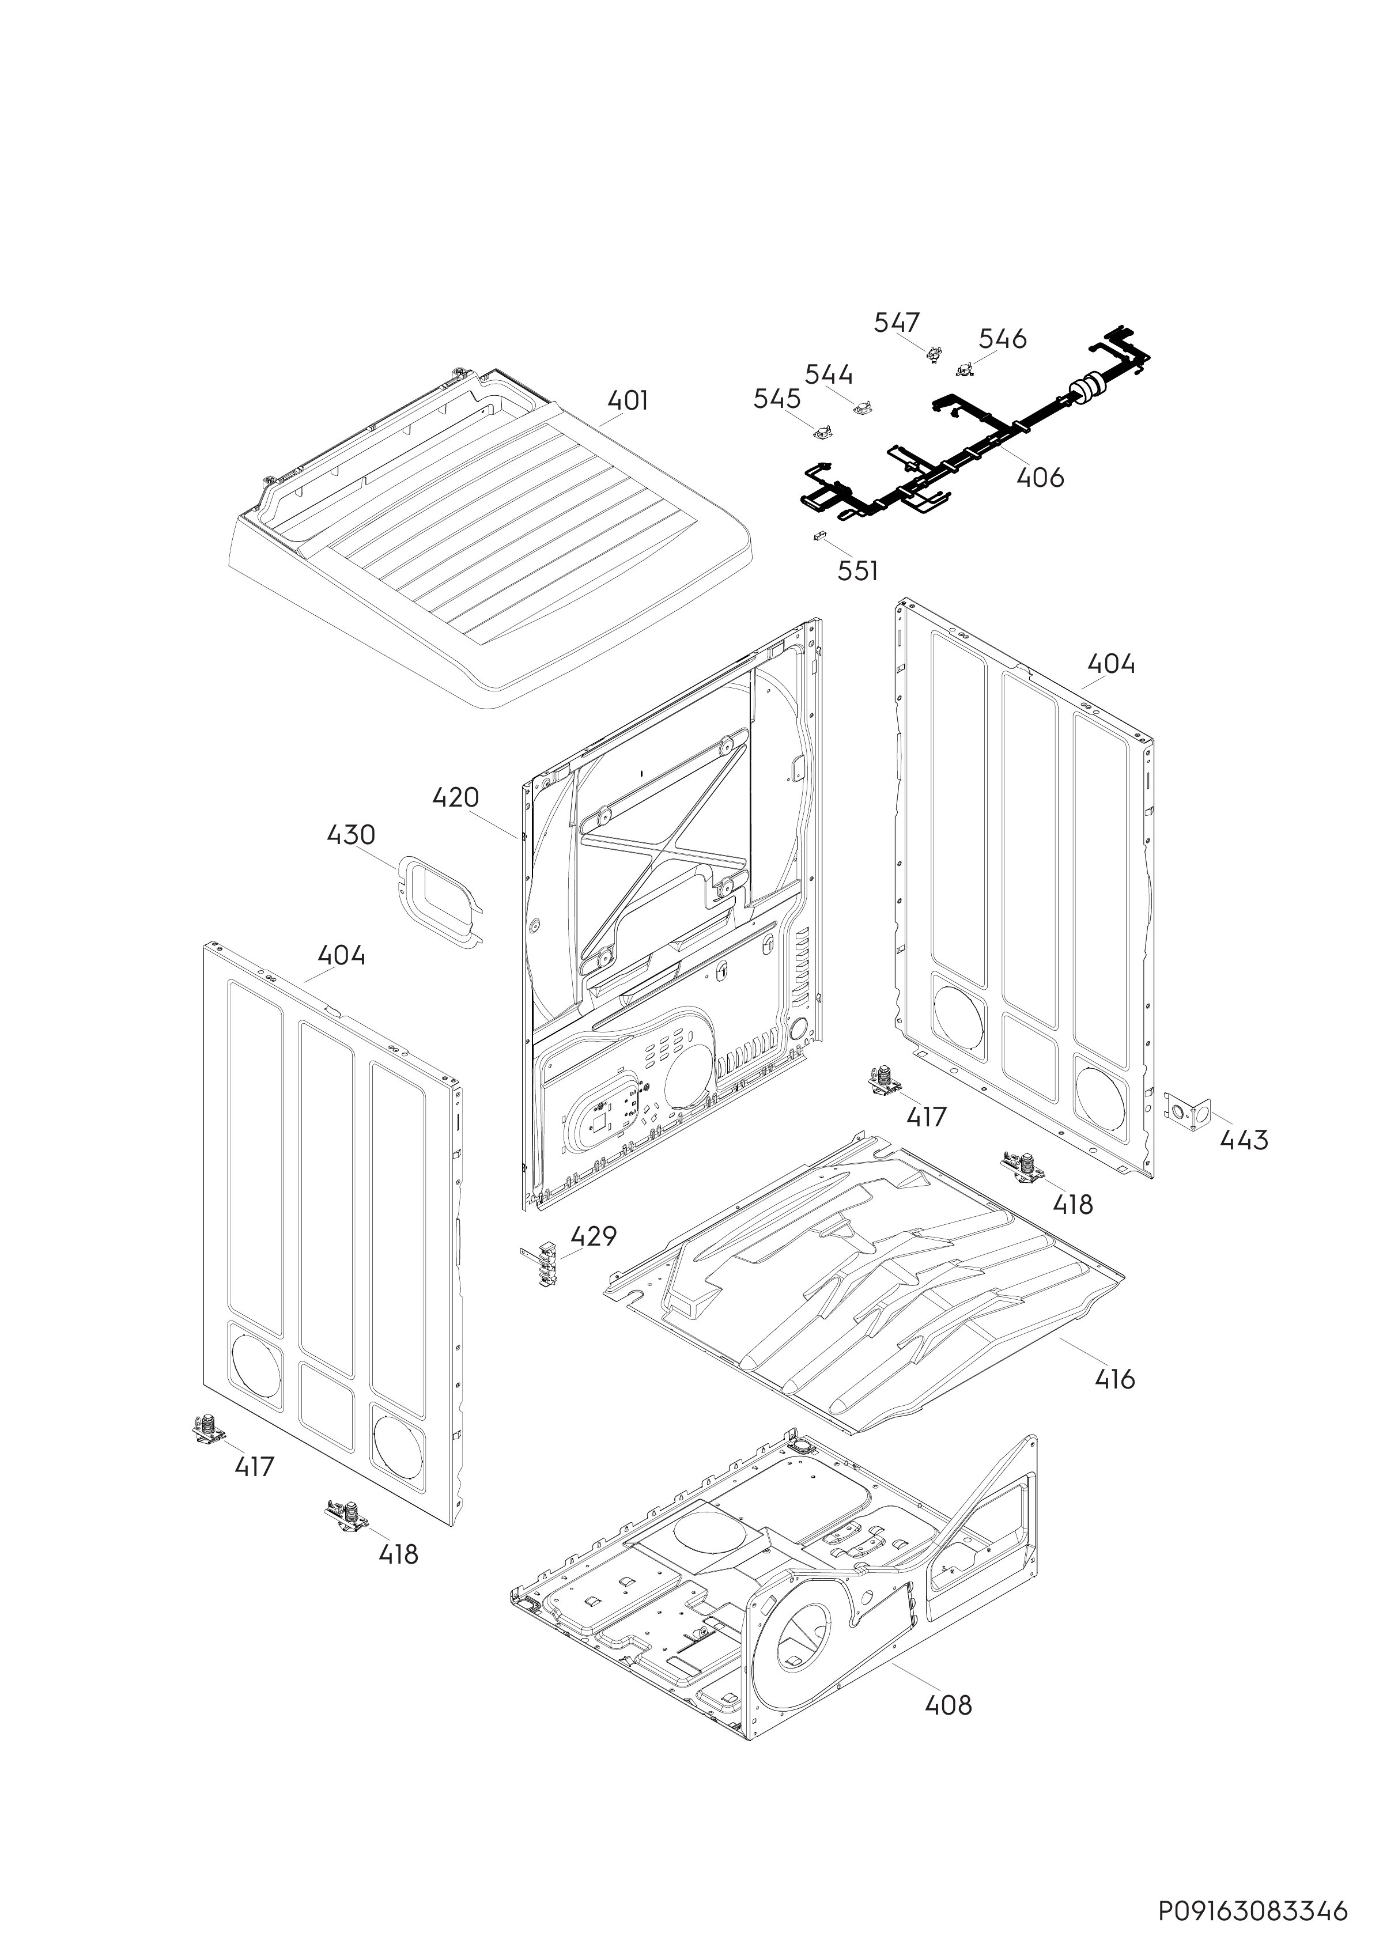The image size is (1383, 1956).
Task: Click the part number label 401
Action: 628,400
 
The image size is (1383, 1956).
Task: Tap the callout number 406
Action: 1041,477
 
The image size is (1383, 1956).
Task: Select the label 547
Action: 897,322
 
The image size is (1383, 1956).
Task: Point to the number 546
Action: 1002,339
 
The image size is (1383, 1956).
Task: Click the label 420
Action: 455,799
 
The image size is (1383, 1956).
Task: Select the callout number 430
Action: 351,835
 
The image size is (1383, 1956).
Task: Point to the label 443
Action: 1244,1140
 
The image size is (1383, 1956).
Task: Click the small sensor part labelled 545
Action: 823,433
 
